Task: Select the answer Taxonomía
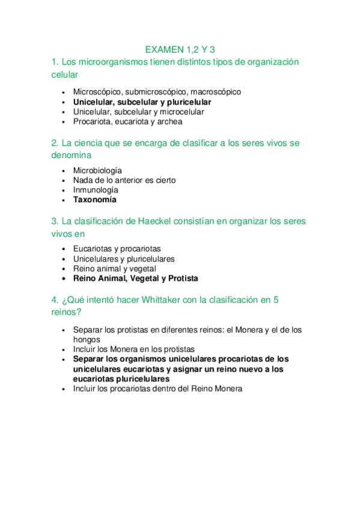coord(95,200)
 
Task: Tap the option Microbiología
coord(97,170)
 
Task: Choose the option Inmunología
coord(96,190)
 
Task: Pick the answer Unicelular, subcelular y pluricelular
coord(142,102)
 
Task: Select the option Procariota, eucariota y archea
coord(127,121)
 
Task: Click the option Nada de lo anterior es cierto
coord(124,180)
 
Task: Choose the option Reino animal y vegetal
coord(114,269)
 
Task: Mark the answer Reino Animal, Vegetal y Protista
coord(135,278)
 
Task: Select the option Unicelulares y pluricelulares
coord(124,259)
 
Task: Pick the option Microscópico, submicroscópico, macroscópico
coord(157,92)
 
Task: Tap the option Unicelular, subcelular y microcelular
coord(138,112)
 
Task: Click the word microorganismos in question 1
coord(112,63)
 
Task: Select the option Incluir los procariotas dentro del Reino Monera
coord(157,389)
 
